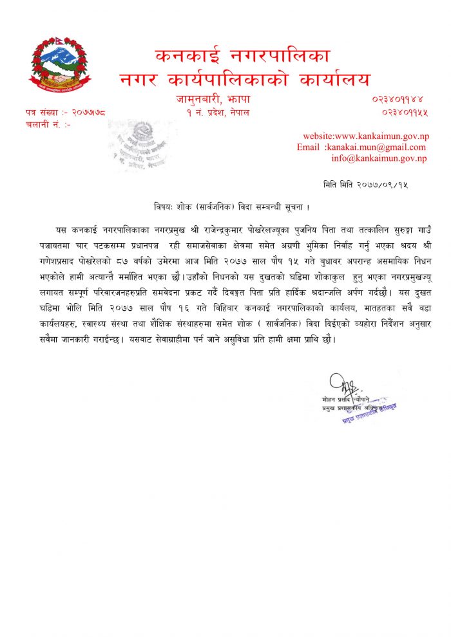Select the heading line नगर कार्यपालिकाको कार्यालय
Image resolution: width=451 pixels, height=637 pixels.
[x=245, y=80]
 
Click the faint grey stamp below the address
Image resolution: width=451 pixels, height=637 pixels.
[x=142, y=145]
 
